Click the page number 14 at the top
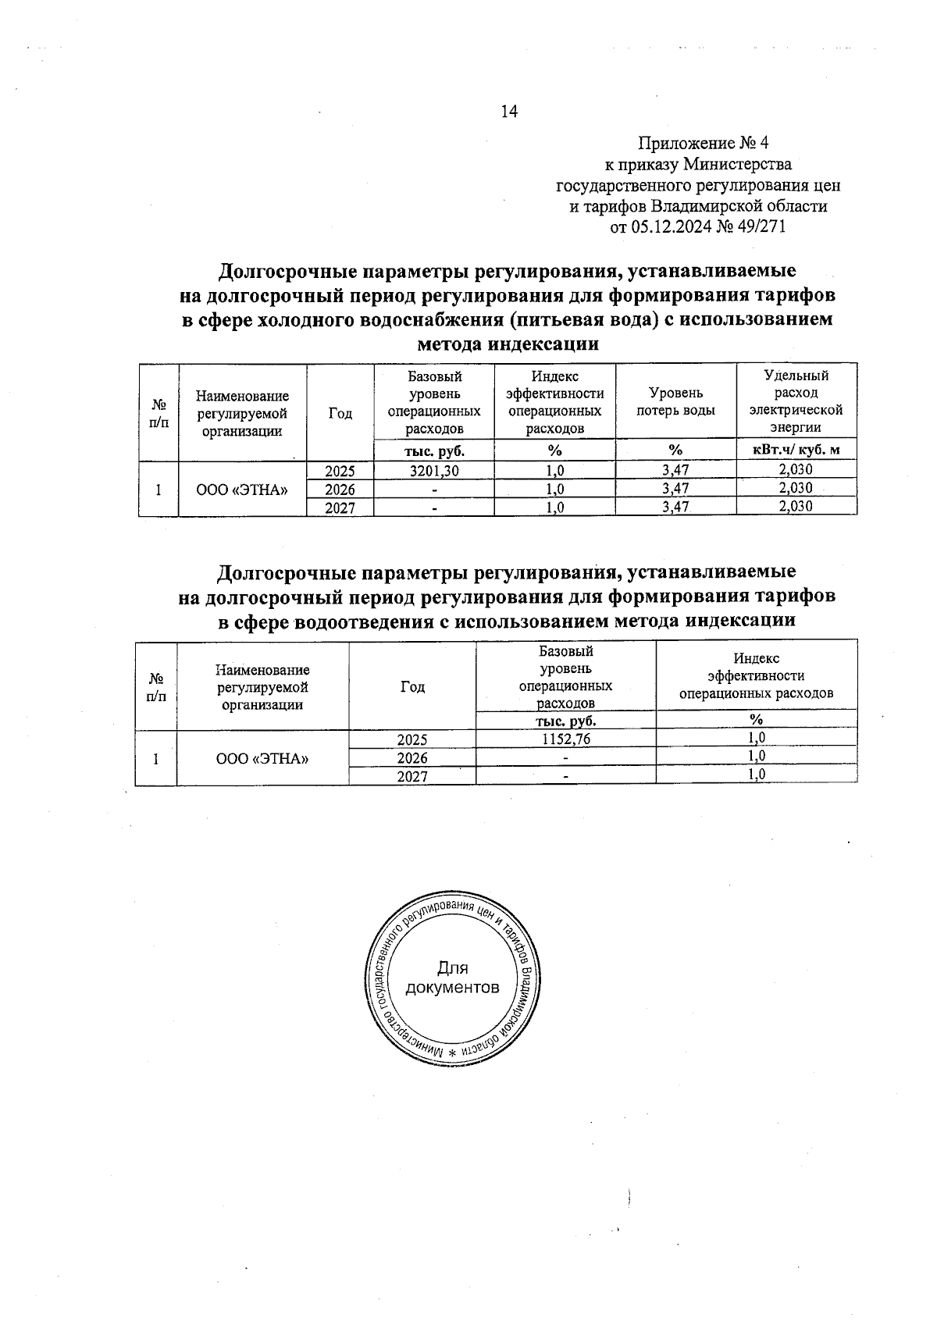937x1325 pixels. tap(509, 112)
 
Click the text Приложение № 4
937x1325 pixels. tap(704, 144)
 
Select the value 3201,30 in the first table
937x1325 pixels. tap(434, 470)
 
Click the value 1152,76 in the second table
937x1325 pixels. tap(565, 739)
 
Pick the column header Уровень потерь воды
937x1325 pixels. tap(675, 401)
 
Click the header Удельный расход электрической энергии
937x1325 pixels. tap(796, 401)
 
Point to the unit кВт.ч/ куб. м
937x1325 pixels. tap(796, 450)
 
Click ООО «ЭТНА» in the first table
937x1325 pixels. tap(242, 489)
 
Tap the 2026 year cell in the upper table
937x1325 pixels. tap(340, 489)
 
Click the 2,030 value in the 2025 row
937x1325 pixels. tap(796, 470)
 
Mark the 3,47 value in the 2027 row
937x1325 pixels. tap(675, 507)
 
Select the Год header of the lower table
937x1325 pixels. tap(412, 687)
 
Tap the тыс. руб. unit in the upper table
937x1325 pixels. tap(434, 450)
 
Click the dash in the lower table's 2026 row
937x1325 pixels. tap(565, 757)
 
